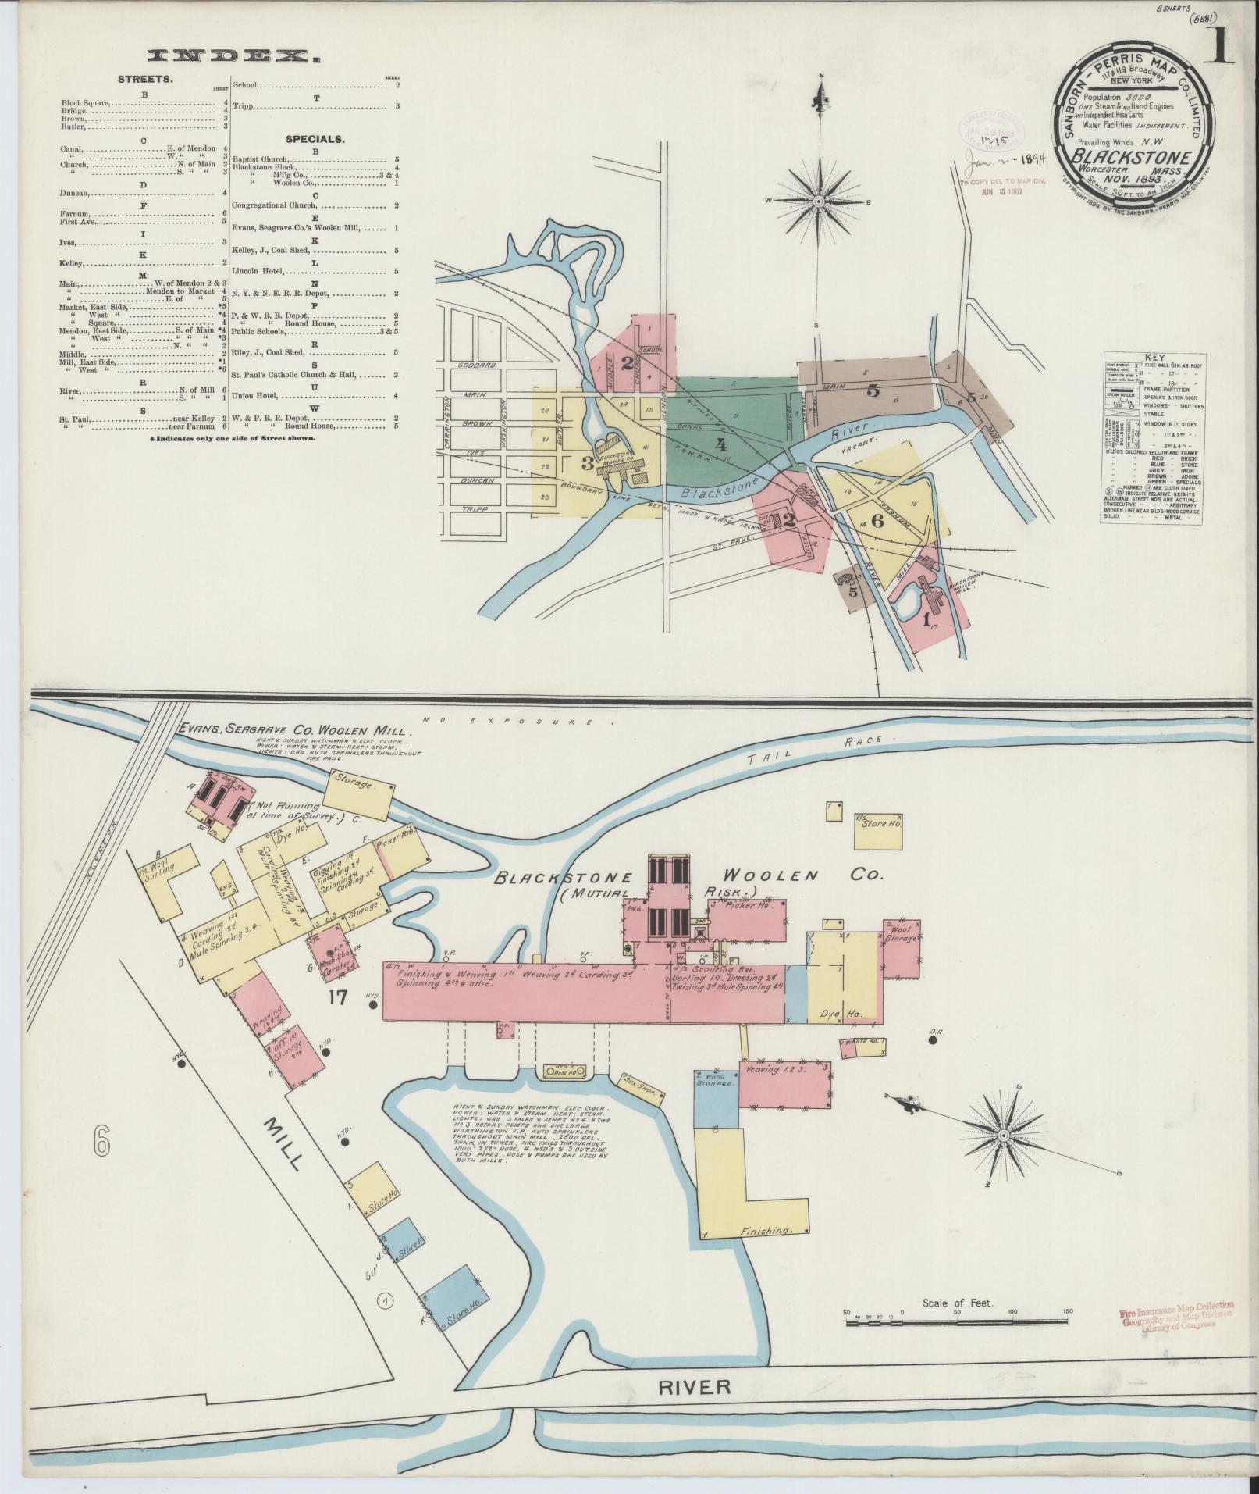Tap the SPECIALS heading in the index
[315, 139]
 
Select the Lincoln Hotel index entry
[258, 272]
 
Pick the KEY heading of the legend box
[1154, 357]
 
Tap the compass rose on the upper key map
[820, 201]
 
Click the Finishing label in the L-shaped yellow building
[766, 1231]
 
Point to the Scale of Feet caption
[956, 1303]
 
